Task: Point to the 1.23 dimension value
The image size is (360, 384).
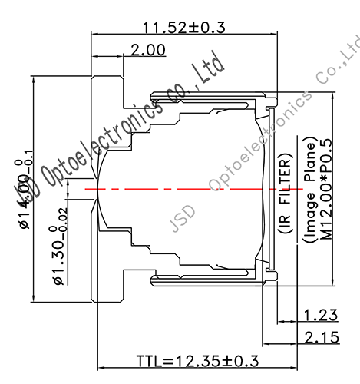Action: point(321,314)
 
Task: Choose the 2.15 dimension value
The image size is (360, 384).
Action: point(321,336)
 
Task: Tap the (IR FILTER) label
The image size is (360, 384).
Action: point(285,192)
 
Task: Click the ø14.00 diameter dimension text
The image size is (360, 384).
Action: point(24,198)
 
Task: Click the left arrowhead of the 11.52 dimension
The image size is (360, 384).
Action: point(95,34)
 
